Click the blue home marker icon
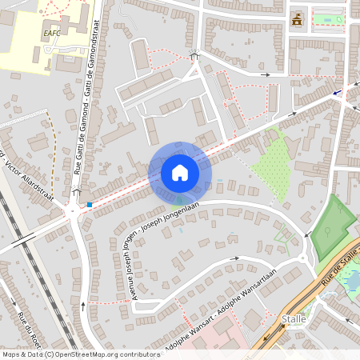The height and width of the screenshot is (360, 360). coord(180,172)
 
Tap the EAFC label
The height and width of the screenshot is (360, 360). coord(52,33)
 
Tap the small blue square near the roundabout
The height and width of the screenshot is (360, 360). coord(90,205)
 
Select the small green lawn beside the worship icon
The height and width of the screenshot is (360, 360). coord(327,18)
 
